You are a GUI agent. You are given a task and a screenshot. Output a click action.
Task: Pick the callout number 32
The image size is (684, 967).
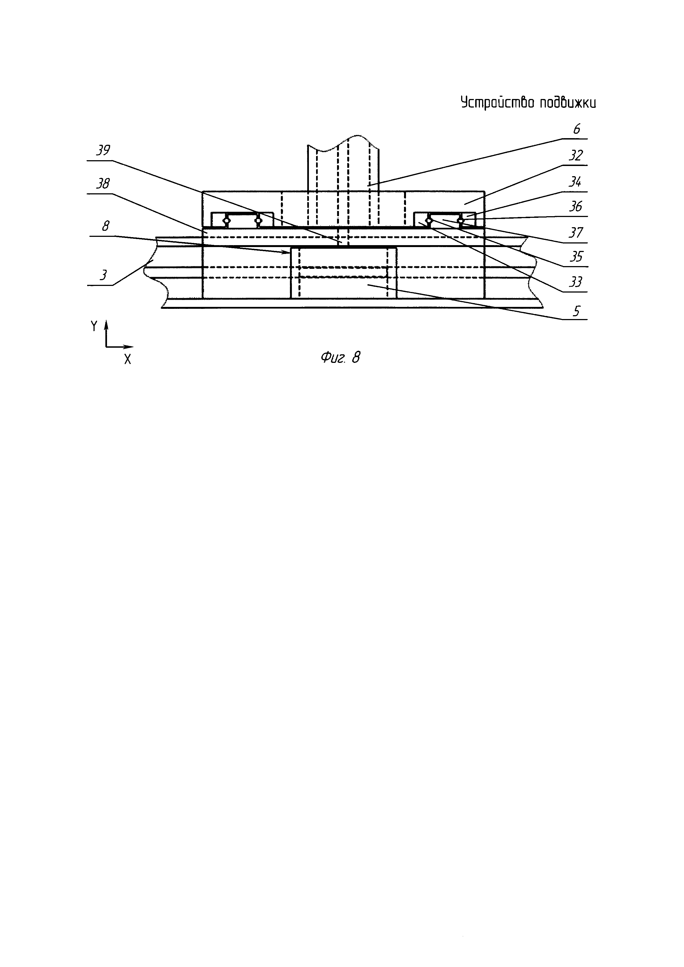coord(575,156)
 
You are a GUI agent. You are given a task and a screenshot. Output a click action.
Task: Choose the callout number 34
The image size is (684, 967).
coord(575,182)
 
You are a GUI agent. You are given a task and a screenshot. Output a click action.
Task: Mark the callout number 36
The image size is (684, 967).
coord(575,206)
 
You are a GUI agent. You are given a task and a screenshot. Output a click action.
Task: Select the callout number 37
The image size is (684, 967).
coord(575,232)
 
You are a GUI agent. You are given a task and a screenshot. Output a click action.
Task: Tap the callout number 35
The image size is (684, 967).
coord(575,256)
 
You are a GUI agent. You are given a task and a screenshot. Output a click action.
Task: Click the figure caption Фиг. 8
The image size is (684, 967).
coord(340,358)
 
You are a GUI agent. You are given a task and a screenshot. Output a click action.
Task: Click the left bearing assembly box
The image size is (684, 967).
coord(242,220)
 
